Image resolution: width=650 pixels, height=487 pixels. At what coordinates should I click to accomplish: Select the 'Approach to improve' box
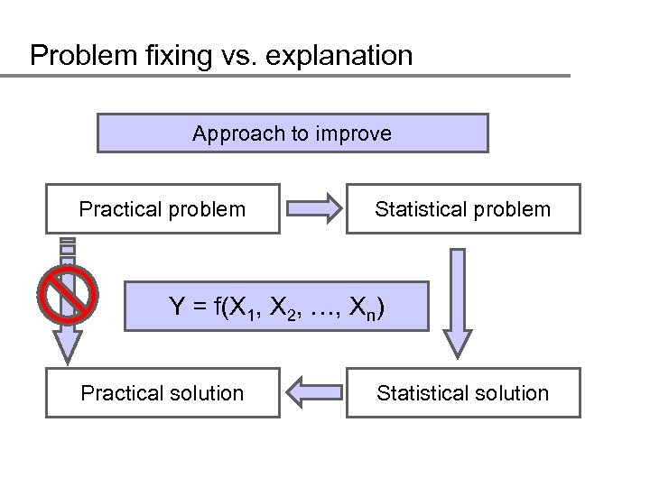click(292, 133)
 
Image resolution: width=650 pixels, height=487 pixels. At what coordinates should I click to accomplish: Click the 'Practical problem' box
click(162, 210)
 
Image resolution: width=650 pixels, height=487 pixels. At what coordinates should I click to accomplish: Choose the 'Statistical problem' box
click(462, 210)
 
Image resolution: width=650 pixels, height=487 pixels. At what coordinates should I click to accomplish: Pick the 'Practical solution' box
click(162, 393)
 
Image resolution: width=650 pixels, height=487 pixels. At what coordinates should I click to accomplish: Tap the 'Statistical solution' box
click(462, 393)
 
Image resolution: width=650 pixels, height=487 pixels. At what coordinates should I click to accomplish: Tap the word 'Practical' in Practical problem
click(117, 210)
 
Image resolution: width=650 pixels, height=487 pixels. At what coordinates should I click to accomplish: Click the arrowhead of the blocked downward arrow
click(66, 346)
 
